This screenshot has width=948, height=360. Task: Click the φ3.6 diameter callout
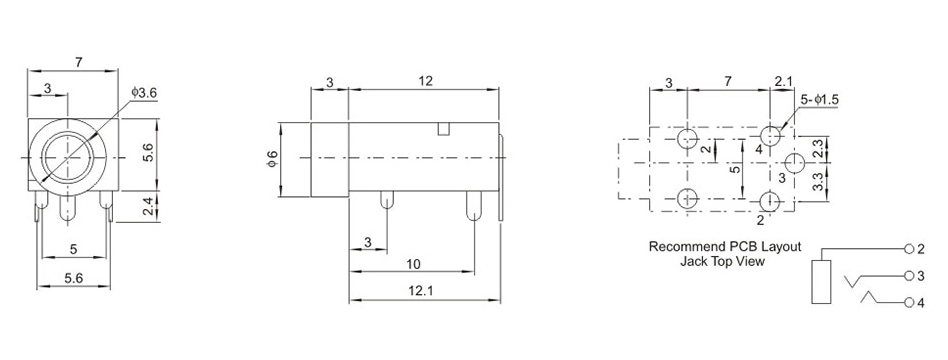[x=144, y=93]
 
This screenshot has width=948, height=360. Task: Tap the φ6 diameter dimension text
[x=272, y=159]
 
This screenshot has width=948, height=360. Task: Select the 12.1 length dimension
[x=424, y=290]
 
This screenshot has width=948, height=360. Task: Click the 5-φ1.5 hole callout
[x=819, y=100]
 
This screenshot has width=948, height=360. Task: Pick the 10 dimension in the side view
[x=413, y=264]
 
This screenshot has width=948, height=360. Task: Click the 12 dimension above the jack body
[x=425, y=80]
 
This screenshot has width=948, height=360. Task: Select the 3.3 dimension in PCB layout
[x=817, y=182]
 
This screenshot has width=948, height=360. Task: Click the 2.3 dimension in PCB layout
[x=817, y=149]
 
